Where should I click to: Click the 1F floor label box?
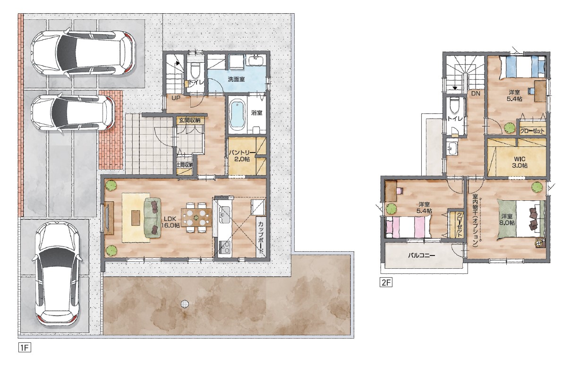coord(25,348)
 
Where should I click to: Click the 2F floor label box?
coord(386,283)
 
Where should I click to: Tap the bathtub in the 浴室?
coord(238,116)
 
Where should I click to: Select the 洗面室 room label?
coord(236,79)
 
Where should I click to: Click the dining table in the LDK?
coord(196,217)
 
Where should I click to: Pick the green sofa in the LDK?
coord(153,218)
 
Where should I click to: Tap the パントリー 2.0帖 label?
coord(242,156)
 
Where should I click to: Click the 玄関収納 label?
coord(189,120)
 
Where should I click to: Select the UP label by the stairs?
coord(176,98)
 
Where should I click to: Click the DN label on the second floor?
coord(476,94)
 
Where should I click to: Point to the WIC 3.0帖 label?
coord(519,162)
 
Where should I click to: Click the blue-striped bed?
coord(523,67)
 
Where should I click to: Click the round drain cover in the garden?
coord(185,304)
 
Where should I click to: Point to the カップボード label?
coord(261,237)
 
